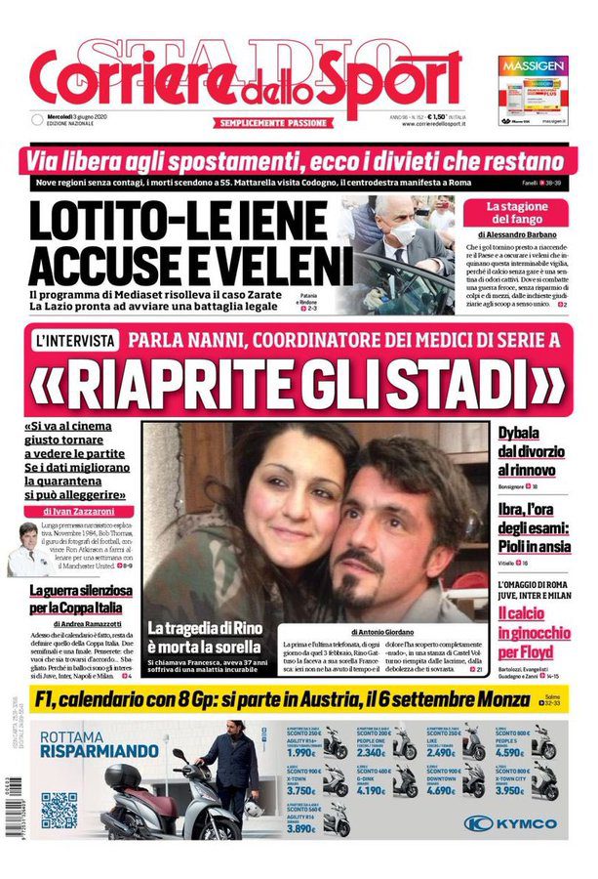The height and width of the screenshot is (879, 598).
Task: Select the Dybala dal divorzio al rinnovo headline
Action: pos(531,452)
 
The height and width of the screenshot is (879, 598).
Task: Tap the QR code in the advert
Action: pos(60,810)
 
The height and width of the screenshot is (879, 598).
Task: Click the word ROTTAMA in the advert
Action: pos(82,733)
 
